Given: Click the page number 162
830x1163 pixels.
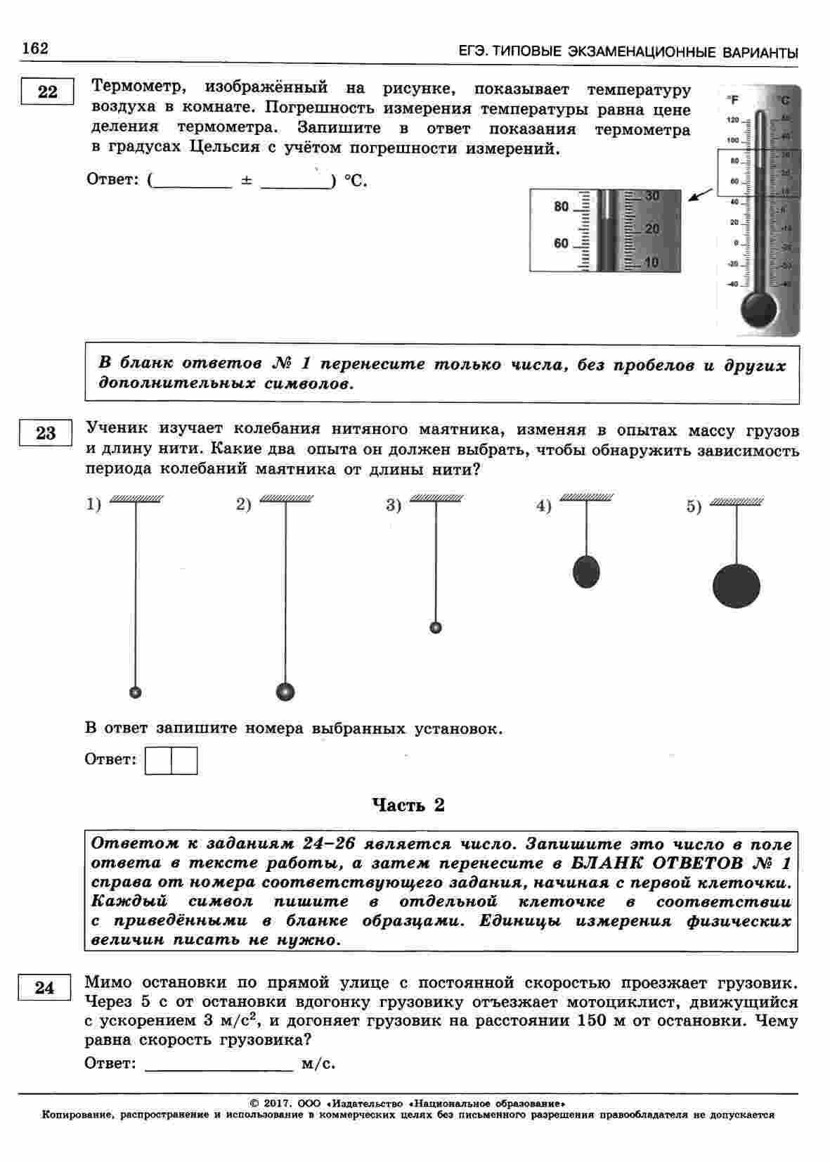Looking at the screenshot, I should [35, 49].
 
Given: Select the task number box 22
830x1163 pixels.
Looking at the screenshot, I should [47, 92].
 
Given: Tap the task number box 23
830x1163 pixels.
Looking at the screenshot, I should [46, 433].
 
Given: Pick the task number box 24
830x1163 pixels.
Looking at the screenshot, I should [44, 988].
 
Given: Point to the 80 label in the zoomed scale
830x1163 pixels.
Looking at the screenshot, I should [561, 207].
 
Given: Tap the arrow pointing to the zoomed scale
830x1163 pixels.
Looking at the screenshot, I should [699, 195].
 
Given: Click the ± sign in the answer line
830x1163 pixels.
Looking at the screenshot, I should [246, 181].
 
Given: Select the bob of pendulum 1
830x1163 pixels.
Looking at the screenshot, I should [136, 693].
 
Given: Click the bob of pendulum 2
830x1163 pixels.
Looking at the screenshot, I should [285, 692].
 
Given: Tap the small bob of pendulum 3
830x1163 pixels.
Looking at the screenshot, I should [436, 627].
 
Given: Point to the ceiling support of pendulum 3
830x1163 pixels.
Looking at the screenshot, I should [436, 499].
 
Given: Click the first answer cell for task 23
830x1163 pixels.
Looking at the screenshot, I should [158, 761].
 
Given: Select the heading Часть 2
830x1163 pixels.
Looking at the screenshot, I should [408, 805].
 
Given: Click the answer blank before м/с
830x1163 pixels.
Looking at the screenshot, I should [219, 1063].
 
